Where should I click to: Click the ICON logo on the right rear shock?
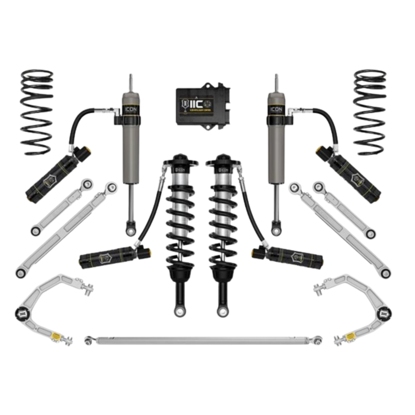(x=276, y=109)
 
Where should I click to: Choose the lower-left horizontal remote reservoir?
(x=112, y=256)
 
